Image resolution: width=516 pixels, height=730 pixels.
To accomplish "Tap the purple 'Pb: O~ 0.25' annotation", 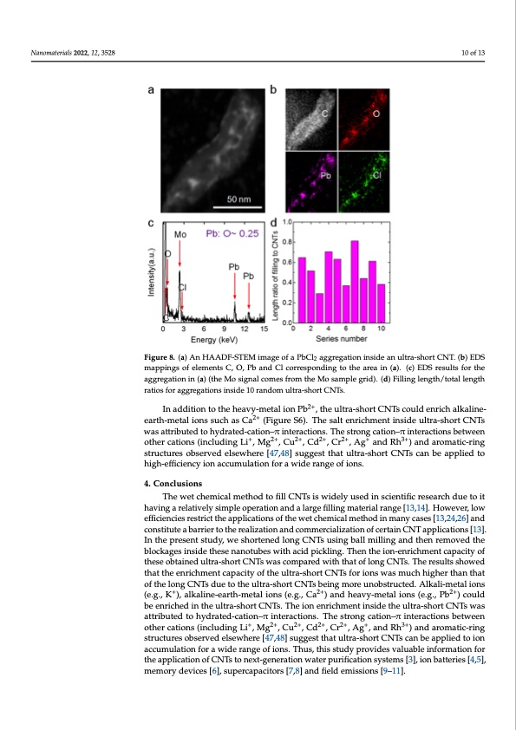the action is (x=232, y=234).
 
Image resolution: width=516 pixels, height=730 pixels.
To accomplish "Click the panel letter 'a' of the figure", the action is (x=153, y=88).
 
